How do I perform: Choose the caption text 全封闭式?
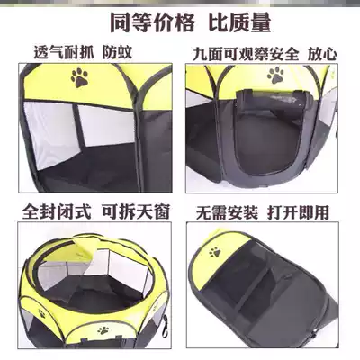click(x=55, y=214)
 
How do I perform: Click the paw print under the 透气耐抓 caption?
click(x=80, y=79)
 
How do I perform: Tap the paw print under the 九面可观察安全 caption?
click(x=274, y=75)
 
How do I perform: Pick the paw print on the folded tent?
click(x=215, y=247)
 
